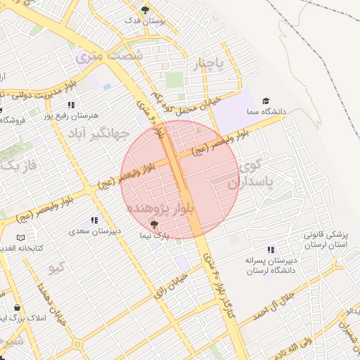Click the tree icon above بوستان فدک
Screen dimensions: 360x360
coord(146,10)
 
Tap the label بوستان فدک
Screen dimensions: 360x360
coord(146,22)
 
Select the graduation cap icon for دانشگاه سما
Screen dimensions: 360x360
coord(266,101)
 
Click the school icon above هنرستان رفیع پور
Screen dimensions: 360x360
coord(71,105)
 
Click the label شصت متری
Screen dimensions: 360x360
coord(100,55)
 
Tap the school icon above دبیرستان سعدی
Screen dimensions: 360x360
coord(95,220)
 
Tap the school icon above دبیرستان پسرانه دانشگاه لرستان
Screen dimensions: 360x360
coord(271,250)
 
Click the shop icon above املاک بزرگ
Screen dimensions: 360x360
coord(18,308)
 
